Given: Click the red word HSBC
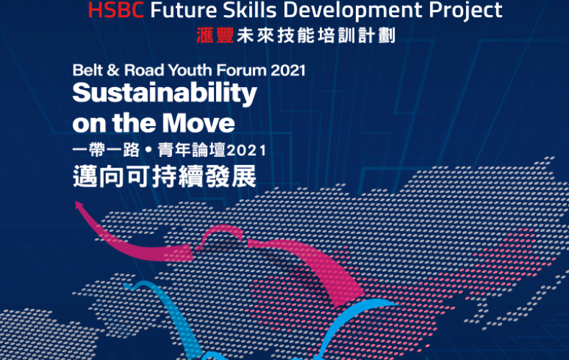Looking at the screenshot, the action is click(116, 10).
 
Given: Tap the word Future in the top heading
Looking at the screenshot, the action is click(184, 10).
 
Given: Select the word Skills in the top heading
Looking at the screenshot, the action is click(250, 10).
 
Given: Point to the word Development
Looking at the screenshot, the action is click(353, 11).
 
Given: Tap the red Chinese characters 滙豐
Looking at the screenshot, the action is click(215, 35).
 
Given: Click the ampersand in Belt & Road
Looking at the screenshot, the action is click(113, 70).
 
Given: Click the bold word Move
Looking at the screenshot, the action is click(199, 123).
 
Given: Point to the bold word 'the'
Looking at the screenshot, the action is click(135, 123).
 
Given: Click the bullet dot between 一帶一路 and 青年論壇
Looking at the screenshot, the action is click(148, 150).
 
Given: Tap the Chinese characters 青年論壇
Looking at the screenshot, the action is click(192, 150).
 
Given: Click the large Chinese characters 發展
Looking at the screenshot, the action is click(230, 176).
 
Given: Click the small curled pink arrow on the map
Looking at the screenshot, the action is click(220, 236).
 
